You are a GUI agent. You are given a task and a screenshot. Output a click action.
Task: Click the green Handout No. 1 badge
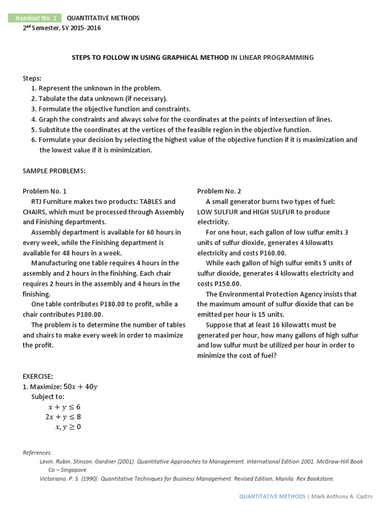coord(35,18)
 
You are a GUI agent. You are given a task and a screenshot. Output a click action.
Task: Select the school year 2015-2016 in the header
coord(84,28)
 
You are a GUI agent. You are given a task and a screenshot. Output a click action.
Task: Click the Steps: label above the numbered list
coord(32,78)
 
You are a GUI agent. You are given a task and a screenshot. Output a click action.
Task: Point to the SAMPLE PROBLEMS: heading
coord(54,171)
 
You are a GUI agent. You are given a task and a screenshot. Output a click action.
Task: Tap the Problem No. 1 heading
coord(44,191)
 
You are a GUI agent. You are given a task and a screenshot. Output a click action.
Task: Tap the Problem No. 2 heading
coord(219,191)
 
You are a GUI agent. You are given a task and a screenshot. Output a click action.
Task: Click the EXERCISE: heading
coord(38,376)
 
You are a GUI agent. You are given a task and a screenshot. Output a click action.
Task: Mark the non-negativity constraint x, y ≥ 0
coord(68,427)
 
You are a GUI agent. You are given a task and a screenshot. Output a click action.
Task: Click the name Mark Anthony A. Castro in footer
coord(342,496)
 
